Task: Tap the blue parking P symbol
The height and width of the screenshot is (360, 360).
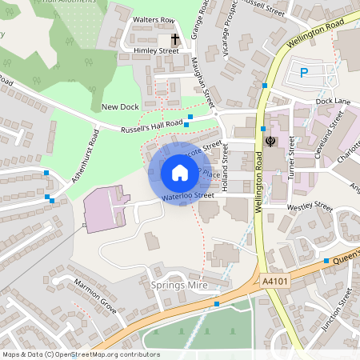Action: [x=304, y=73]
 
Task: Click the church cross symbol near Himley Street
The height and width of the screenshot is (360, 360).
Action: [x=175, y=38]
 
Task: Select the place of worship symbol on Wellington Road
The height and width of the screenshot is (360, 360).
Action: [x=270, y=142]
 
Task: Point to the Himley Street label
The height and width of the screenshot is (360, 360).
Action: [x=157, y=50]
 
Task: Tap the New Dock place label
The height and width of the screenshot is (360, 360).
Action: [x=121, y=107]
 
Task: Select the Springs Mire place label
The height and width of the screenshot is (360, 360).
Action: [x=174, y=284]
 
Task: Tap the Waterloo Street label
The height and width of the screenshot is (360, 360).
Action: [x=187, y=195]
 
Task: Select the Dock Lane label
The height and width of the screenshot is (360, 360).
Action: [x=333, y=102]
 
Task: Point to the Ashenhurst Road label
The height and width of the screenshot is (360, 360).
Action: [x=84, y=157]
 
